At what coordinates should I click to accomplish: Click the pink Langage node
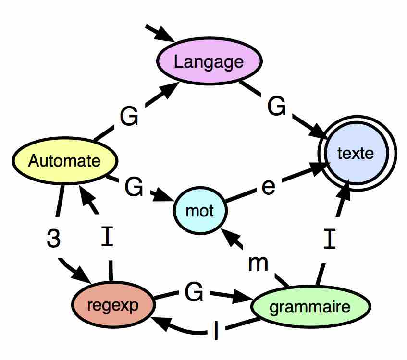[x=209, y=61]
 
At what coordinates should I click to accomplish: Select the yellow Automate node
[x=64, y=161]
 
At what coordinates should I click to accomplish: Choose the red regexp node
[x=114, y=305]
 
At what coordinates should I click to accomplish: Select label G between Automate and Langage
[x=129, y=117]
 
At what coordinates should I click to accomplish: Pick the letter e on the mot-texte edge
[x=268, y=187]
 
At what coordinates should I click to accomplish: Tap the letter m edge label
[x=258, y=263]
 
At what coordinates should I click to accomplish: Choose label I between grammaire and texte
[x=330, y=239]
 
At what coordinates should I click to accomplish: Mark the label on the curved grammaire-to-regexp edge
[x=217, y=331]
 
